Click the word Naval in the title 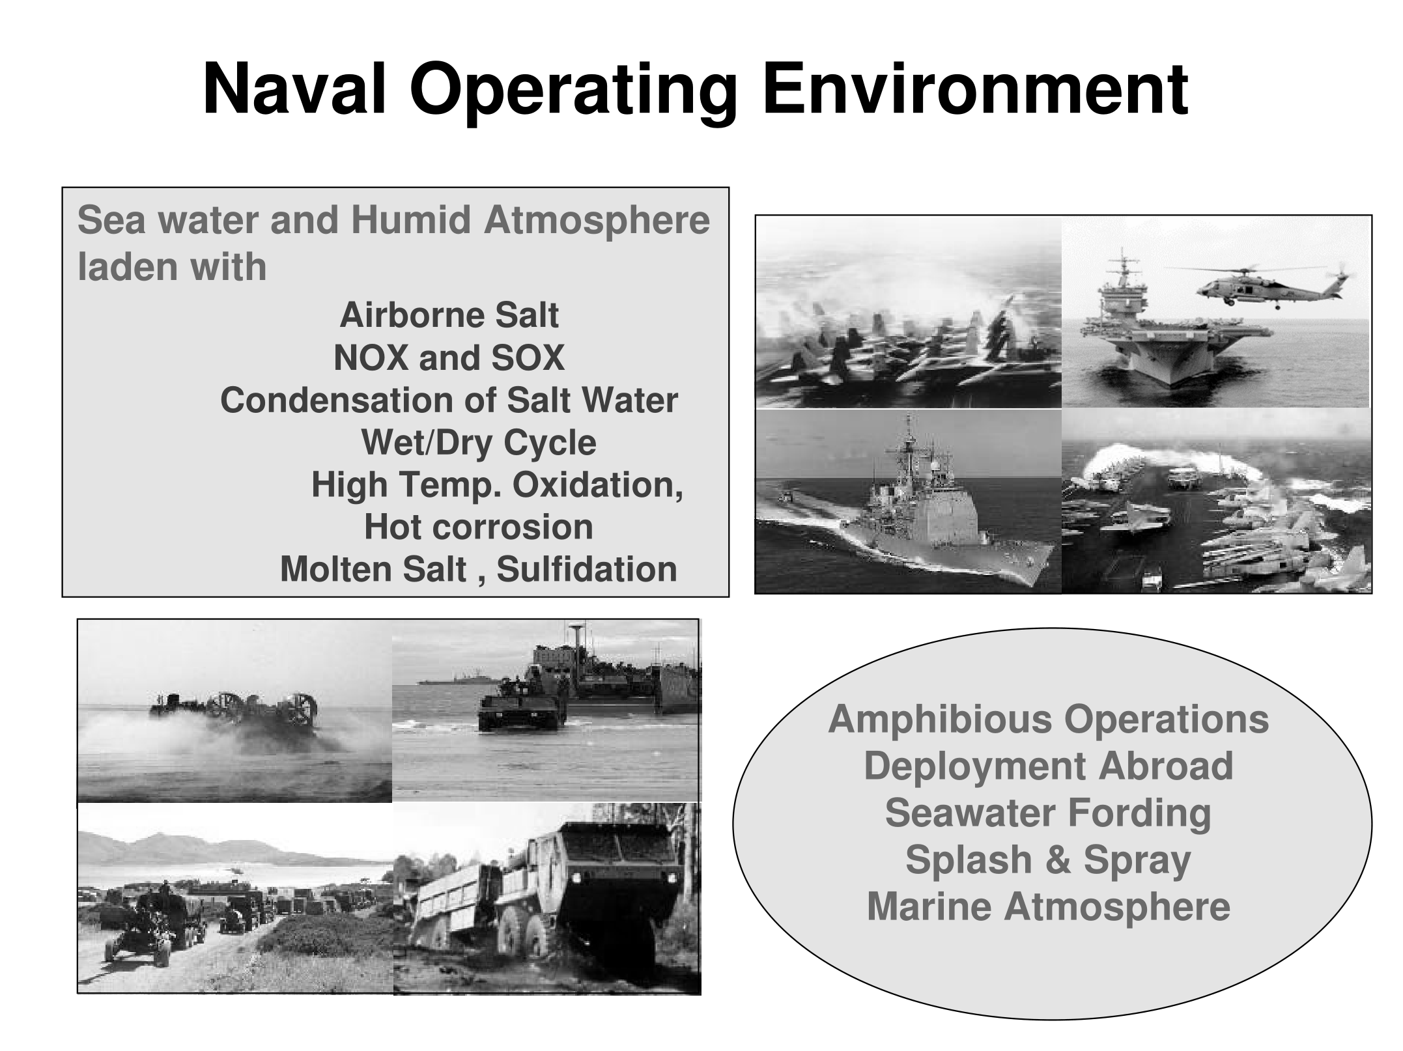(x=296, y=89)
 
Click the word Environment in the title (x=976, y=89)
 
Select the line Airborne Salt (x=449, y=315)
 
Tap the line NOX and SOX (x=449, y=357)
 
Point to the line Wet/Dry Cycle (x=479, y=443)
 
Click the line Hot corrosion (x=479, y=527)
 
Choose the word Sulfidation (x=587, y=569)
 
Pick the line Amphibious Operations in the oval (x=1049, y=720)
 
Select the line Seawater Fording (x=1048, y=813)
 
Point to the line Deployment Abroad (x=1049, y=766)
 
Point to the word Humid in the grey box (x=411, y=220)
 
